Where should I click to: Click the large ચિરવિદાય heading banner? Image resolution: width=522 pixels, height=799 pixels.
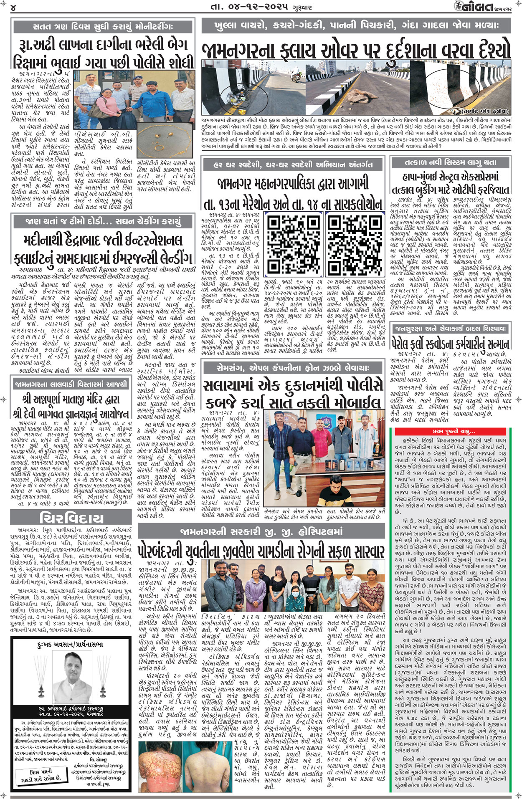(x=72, y=518)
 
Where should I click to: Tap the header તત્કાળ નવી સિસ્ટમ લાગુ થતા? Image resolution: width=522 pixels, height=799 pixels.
(x=451, y=162)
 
